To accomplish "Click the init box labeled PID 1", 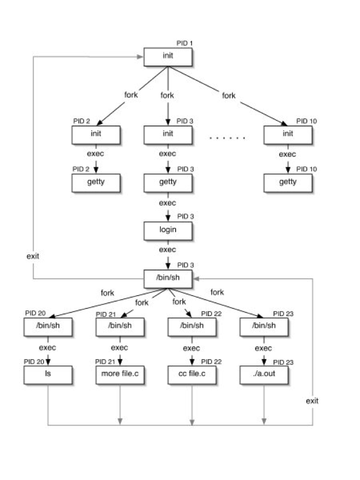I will point(167,57).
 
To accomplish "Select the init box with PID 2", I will point(96,135).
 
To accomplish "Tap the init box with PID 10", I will point(288,135).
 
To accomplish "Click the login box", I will point(167,230).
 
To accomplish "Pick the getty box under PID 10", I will point(288,182).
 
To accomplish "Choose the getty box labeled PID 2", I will point(96,182).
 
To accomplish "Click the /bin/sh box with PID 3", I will point(167,279).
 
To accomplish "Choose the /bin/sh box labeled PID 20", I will point(48,326).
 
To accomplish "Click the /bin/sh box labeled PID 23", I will point(264,326).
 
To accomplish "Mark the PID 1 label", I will point(184,43).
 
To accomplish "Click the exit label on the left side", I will point(33,255).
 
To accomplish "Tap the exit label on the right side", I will point(312,401).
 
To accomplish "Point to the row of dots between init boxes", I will point(227,138).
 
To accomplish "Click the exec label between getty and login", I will point(167,203).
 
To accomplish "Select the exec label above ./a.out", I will point(264,348).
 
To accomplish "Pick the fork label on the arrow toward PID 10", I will point(228,95).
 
